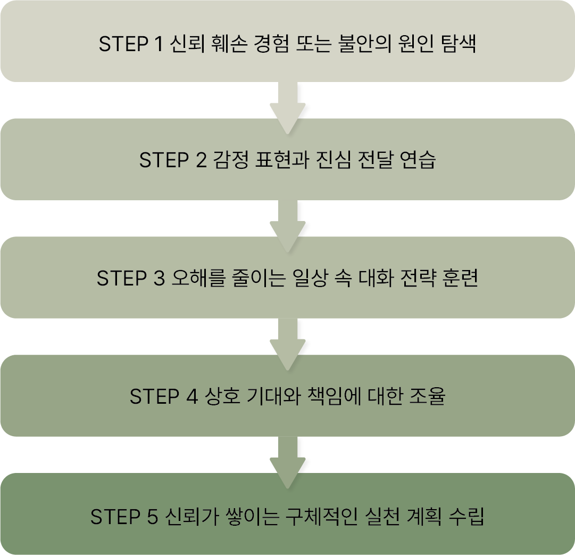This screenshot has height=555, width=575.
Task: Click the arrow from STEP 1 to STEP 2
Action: [287, 107]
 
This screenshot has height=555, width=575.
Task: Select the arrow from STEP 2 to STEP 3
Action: [287, 225]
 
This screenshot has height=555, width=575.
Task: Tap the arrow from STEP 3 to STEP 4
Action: [287, 343]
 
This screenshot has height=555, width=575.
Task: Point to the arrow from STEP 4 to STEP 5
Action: [287, 461]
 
